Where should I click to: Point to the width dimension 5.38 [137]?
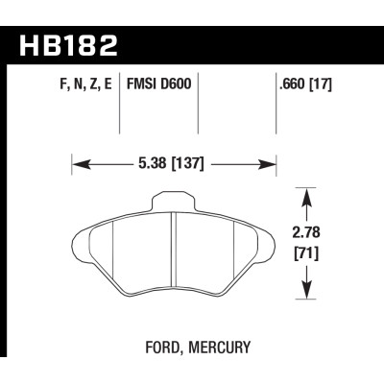pos(174,163)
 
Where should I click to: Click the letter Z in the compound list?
pos(94,84)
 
